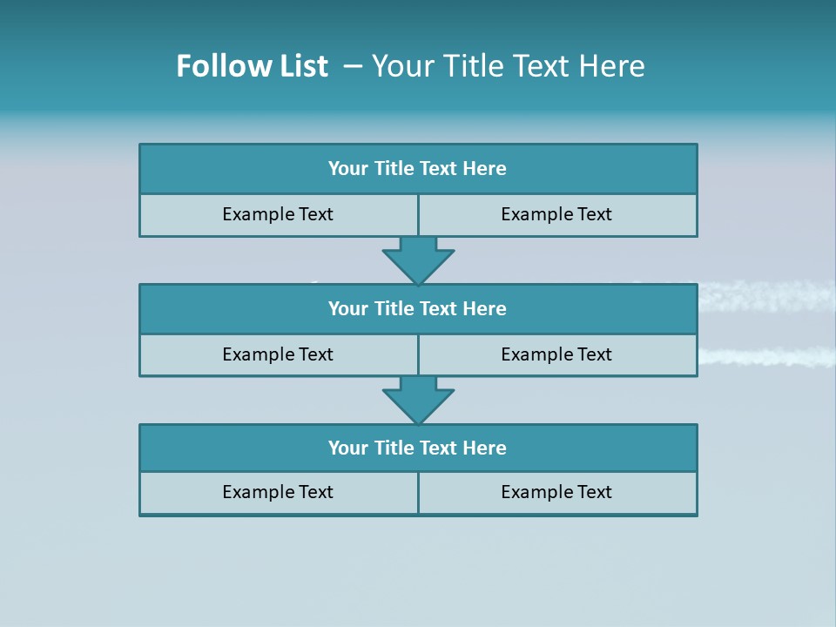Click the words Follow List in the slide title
pos(252,66)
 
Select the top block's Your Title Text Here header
pos(417,169)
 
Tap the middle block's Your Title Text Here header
pos(417,309)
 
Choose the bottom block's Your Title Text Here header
pos(417,448)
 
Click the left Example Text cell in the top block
pos(278,215)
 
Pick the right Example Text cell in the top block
pos(556,215)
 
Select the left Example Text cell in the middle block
pos(278,354)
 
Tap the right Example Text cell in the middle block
pos(556,354)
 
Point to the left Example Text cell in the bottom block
pos(278,493)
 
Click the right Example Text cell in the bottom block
pos(556,493)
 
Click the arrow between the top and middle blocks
pos(418,260)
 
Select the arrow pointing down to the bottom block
pos(418,400)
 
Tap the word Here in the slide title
pos(615,66)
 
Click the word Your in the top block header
pos(348,169)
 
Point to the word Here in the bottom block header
pos(485,448)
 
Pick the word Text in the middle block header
pos(439,309)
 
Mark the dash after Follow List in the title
pos(354,66)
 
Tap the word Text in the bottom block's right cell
pos(594,493)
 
